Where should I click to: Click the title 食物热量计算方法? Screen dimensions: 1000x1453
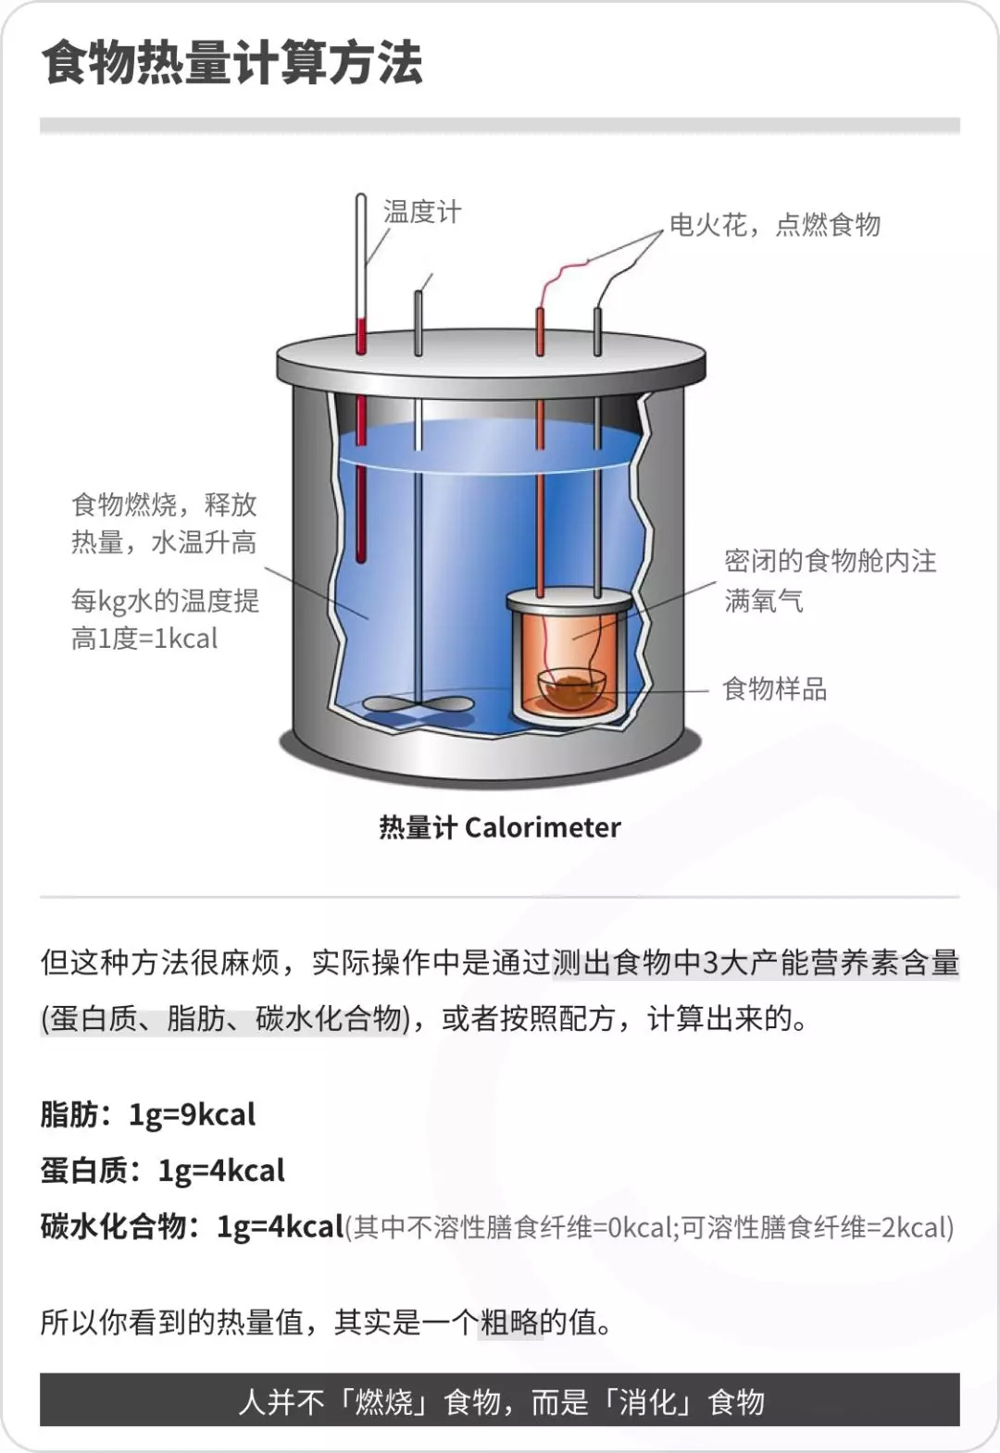tap(231, 63)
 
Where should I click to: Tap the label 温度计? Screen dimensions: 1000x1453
tap(422, 212)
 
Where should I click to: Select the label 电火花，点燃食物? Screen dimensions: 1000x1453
tap(775, 225)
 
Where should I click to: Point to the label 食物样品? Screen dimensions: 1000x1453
tap(775, 689)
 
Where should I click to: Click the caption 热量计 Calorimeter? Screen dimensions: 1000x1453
tap(500, 827)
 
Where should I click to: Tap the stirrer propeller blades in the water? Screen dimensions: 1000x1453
tap(418, 703)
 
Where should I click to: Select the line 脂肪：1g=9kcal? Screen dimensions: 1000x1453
tap(148, 1115)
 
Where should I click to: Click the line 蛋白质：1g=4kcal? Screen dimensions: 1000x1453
tap(163, 1171)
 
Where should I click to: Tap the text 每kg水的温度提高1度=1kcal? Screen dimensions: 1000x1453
tap(166, 619)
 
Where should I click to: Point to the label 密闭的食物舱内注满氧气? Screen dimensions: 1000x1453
tap(831, 580)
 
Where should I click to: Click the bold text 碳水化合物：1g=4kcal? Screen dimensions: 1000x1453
tap(192, 1226)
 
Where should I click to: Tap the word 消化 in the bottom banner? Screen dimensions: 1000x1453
tap(648, 1402)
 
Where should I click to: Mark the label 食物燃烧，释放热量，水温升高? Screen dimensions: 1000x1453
tap(164, 524)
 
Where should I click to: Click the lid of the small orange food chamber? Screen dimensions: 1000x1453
tap(569, 600)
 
